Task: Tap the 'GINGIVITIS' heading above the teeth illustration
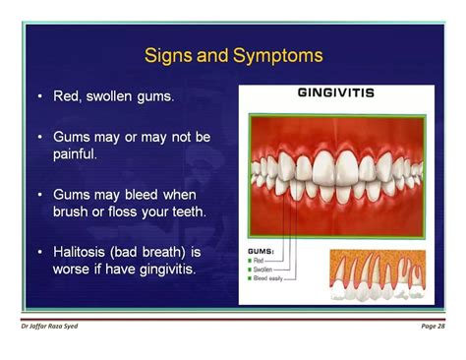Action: click(335, 94)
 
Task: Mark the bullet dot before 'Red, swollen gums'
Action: click(39, 97)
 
